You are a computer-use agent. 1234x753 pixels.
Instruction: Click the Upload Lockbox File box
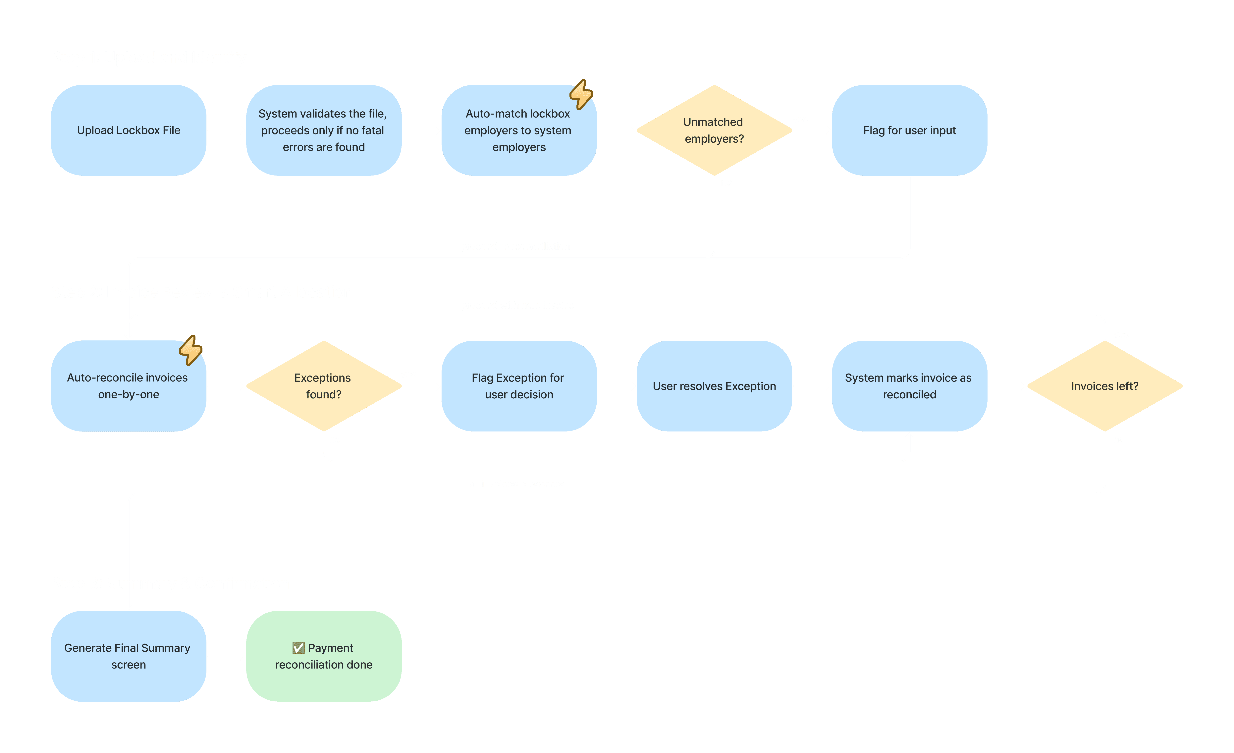[129, 130]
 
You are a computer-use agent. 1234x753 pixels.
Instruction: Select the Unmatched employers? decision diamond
[714, 130]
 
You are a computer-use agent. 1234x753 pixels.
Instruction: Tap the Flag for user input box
[909, 130]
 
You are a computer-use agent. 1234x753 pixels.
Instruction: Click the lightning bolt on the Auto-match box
[581, 94]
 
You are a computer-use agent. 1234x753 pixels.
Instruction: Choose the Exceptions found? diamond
[324, 386]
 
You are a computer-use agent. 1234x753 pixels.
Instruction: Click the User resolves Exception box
[714, 386]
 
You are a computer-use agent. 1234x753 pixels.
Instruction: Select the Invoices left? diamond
[1105, 386]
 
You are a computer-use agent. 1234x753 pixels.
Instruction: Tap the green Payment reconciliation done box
[324, 656]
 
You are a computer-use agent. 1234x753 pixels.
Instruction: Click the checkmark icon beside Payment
[298, 648]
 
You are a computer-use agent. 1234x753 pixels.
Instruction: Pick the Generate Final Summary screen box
[129, 656]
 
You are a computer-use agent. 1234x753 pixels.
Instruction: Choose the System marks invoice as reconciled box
[909, 386]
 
